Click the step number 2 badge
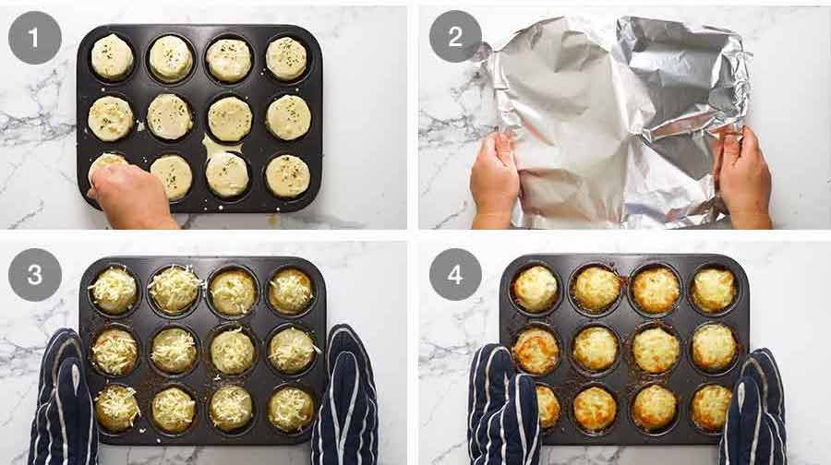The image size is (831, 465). point(455,37)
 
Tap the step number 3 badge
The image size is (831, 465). point(35,274)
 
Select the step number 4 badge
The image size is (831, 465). point(455,274)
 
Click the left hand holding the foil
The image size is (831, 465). point(495,181)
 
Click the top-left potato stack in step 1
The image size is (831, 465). point(112,57)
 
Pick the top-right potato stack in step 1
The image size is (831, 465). point(286,58)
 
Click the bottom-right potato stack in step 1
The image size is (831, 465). point(287,175)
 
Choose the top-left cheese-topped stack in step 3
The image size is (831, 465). point(114,290)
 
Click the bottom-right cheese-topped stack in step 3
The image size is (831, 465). point(292,408)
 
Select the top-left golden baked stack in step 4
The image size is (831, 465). point(536,288)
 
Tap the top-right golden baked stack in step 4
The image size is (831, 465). point(714,289)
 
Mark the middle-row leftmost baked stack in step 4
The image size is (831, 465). point(536,349)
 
